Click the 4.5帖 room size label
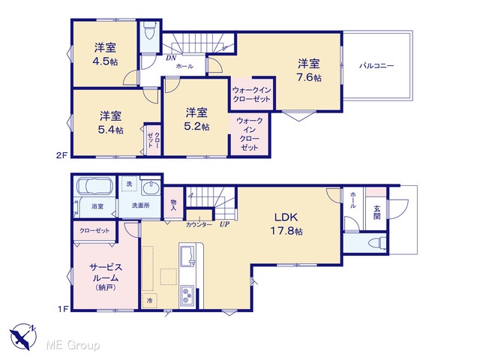click(x=105, y=61)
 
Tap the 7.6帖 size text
click(x=309, y=77)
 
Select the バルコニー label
click(x=376, y=65)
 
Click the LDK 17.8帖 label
click(x=286, y=223)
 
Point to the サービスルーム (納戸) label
click(x=106, y=277)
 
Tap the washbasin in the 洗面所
click(x=151, y=187)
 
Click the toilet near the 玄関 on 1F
click(x=377, y=243)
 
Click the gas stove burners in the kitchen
click(x=187, y=295)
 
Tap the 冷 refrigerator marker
click(x=150, y=300)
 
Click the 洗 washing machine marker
click(x=129, y=184)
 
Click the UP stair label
click(x=224, y=224)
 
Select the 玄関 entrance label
click(x=376, y=212)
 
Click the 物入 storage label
click(x=173, y=205)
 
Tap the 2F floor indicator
click(x=61, y=155)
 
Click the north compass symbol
click(x=23, y=336)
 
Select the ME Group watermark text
click(x=73, y=345)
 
